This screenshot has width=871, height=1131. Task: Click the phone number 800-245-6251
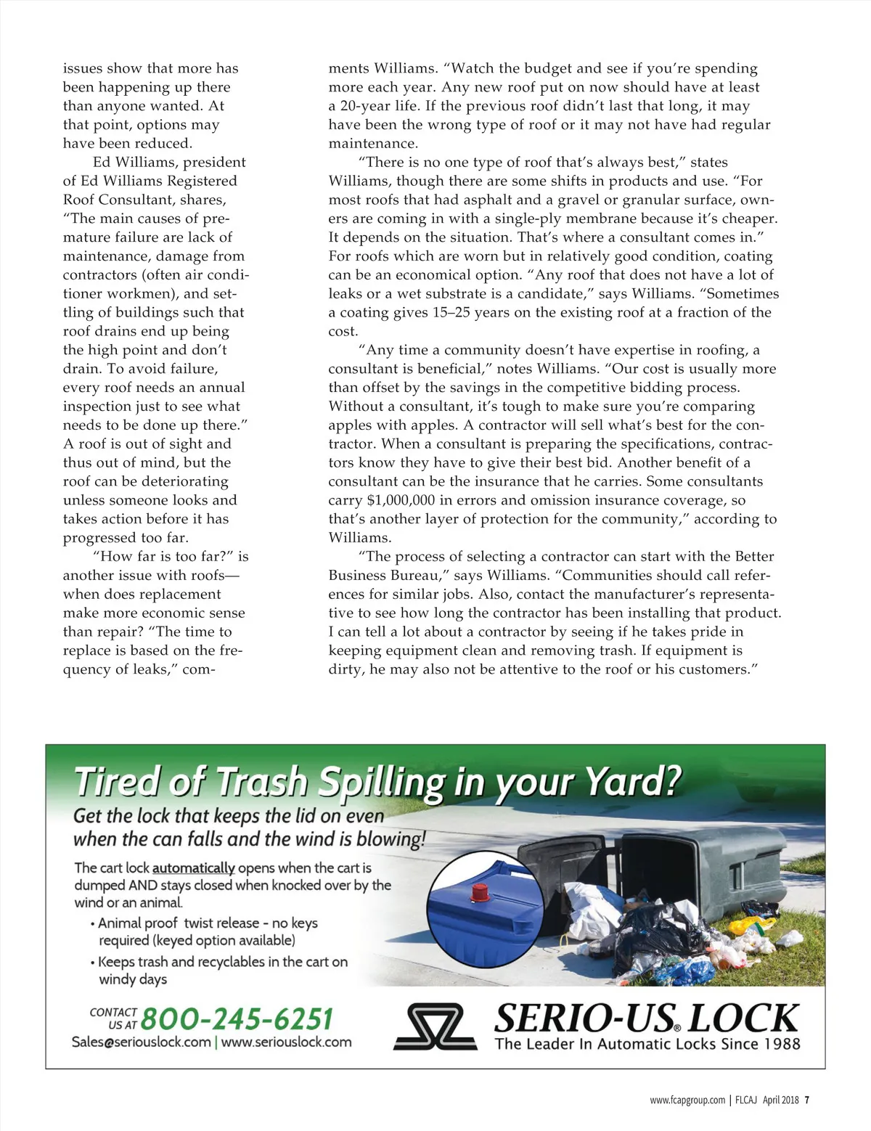coord(237,1018)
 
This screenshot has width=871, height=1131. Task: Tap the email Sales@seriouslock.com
coord(141,1042)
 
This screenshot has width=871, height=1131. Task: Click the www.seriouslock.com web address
coord(286,1042)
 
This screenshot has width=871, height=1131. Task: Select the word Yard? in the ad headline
coord(634,781)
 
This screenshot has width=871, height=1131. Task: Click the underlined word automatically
coord(193,868)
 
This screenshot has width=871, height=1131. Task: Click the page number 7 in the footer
coord(807,1100)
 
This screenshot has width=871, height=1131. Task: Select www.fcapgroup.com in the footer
coord(687,1100)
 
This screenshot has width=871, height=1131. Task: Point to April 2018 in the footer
coord(780,1100)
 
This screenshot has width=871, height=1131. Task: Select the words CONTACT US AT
coord(113,1018)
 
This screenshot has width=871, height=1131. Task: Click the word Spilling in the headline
coord(383,783)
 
